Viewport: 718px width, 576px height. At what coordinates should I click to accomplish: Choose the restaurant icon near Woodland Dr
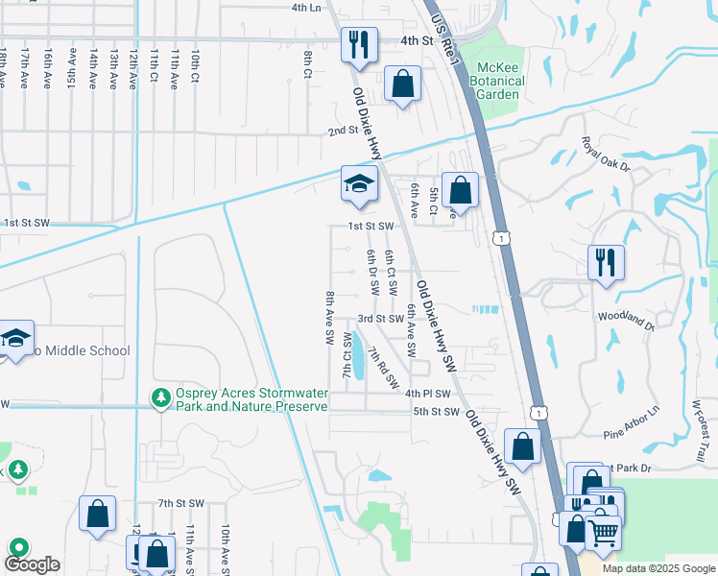(606, 262)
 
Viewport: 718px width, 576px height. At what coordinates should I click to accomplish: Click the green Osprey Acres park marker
(159, 396)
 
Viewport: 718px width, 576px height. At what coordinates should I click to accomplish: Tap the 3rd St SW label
(380, 319)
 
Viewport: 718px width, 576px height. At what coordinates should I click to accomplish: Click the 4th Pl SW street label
(427, 394)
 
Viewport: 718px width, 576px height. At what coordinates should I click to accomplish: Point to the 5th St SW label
(437, 412)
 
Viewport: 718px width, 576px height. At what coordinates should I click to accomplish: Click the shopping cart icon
(602, 532)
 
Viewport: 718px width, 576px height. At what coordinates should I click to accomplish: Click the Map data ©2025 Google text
(658, 568)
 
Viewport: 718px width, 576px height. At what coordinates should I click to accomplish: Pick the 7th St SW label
(181, 503)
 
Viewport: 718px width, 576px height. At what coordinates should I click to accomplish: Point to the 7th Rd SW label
(381, 367)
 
